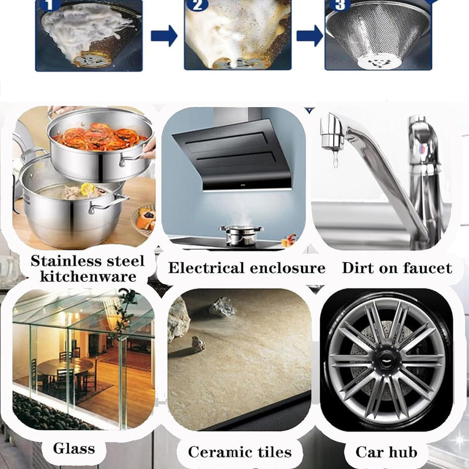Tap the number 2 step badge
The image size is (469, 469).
coord(196,5)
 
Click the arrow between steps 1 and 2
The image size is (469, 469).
coord(164,36)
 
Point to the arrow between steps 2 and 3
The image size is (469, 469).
coord(309,36)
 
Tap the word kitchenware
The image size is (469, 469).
coord(84,276)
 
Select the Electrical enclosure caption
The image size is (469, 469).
coord(247,269)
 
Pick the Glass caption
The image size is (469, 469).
coord(74,449)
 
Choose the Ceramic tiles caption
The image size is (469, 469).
coord(240,451)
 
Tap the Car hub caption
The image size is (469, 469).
coord(386,451)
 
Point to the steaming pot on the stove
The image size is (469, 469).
coord(241,234)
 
